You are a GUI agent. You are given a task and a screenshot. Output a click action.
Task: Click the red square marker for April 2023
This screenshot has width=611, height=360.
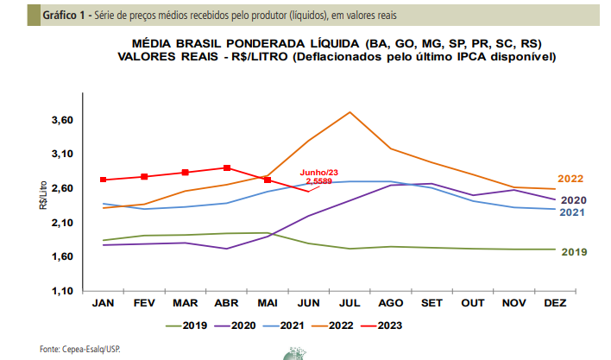pos(227,168)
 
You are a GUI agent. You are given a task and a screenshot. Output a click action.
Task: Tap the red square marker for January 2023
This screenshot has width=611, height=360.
pos(104,180)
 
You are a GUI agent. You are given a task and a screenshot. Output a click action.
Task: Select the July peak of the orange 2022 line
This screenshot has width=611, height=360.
pos(350,112)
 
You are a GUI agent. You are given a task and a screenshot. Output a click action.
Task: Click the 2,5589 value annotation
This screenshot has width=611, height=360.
pos(318,181)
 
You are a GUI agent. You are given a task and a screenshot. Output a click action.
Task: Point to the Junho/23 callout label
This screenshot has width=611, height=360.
pos(318,173)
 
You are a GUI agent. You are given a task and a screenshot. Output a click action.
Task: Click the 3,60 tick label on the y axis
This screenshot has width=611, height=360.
pos(62,120)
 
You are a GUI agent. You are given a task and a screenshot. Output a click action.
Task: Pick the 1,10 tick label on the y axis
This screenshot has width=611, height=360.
pos(62,291)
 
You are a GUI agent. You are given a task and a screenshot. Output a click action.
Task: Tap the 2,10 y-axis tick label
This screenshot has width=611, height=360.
pos(62,223)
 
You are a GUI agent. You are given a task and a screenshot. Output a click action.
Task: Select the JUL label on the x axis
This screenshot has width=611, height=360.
pos(350,303)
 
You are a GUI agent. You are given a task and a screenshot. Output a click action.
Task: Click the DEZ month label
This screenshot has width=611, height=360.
pos(555,303)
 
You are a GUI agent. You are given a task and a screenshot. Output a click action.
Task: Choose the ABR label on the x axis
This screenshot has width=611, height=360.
pos(226,303)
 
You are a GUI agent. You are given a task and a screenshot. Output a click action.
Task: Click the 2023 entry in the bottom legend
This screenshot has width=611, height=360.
pos(381,325)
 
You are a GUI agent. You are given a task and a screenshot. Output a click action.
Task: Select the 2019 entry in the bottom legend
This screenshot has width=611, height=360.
pos(186,325)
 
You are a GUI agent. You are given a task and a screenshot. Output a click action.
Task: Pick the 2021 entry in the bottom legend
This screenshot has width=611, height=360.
pos(284,325)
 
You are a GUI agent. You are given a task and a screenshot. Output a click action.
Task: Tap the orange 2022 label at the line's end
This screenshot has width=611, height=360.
pos(570,179)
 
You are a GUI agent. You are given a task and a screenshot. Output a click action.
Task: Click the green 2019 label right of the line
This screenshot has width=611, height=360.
pos(575,252)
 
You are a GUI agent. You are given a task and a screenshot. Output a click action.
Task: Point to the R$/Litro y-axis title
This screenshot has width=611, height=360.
pos(43,195)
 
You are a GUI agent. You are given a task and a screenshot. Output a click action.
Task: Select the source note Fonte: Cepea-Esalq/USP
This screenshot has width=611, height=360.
pos(80,349)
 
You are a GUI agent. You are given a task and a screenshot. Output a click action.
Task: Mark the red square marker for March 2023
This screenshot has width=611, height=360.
pos(186,172)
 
